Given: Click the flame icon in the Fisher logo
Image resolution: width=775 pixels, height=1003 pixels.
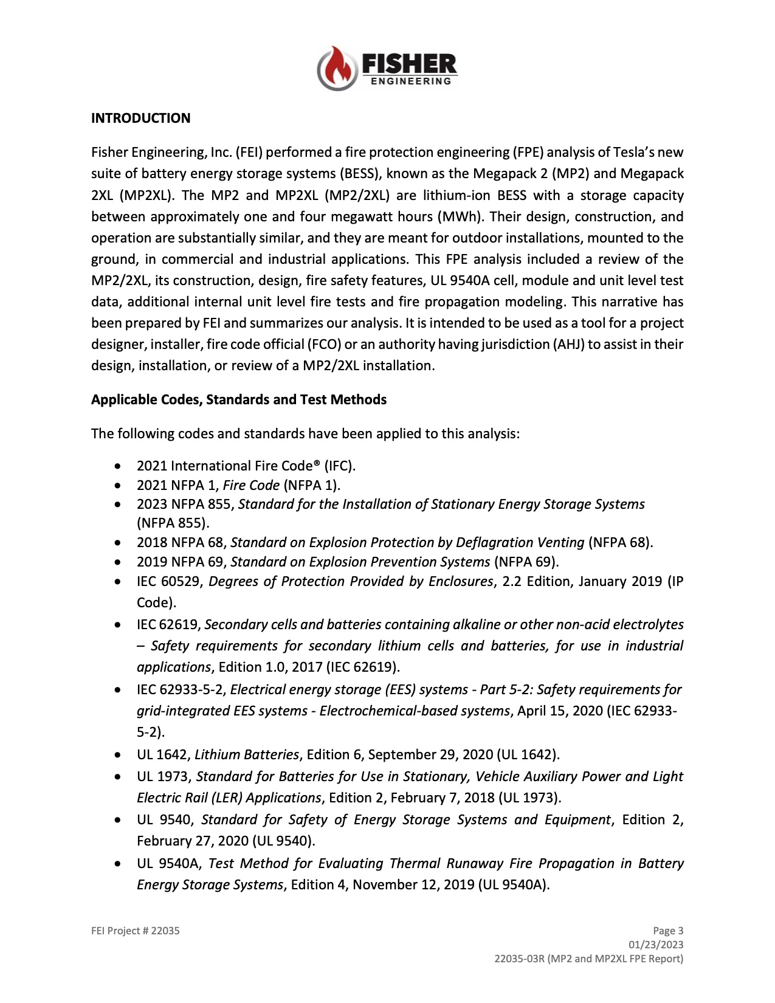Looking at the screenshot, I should [x=339, y=68].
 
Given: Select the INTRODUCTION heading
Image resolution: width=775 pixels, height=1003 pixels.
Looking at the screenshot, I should [x=140, y=118].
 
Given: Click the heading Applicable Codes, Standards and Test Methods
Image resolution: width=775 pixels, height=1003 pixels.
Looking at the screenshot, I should [x=239, y=399].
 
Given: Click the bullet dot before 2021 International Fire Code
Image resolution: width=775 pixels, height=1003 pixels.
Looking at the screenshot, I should [x=118, y=466].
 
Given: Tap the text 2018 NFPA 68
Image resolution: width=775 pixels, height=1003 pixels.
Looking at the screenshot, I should [x=180, y=542].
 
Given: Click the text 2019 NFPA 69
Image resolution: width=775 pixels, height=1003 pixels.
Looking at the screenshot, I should [x=180, y=562].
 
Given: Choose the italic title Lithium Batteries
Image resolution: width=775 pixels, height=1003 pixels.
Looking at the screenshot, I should [x=247, y=754].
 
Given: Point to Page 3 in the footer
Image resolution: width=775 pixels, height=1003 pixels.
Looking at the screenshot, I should [x=668, y=931].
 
